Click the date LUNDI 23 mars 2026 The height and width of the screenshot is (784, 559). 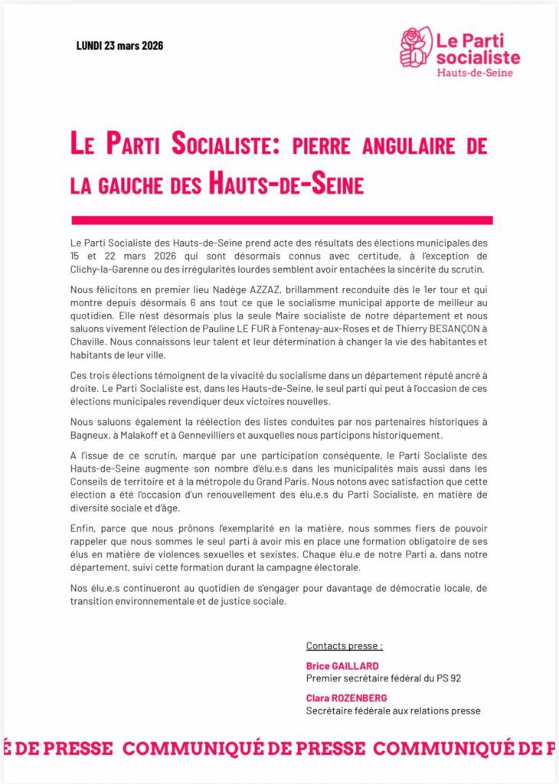tap(119, 45)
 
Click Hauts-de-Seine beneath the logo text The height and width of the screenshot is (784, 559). tap(475, 73)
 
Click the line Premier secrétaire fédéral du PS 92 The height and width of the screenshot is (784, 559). tap(384, 678)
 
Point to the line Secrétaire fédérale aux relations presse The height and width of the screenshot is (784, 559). tap(393, 710)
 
